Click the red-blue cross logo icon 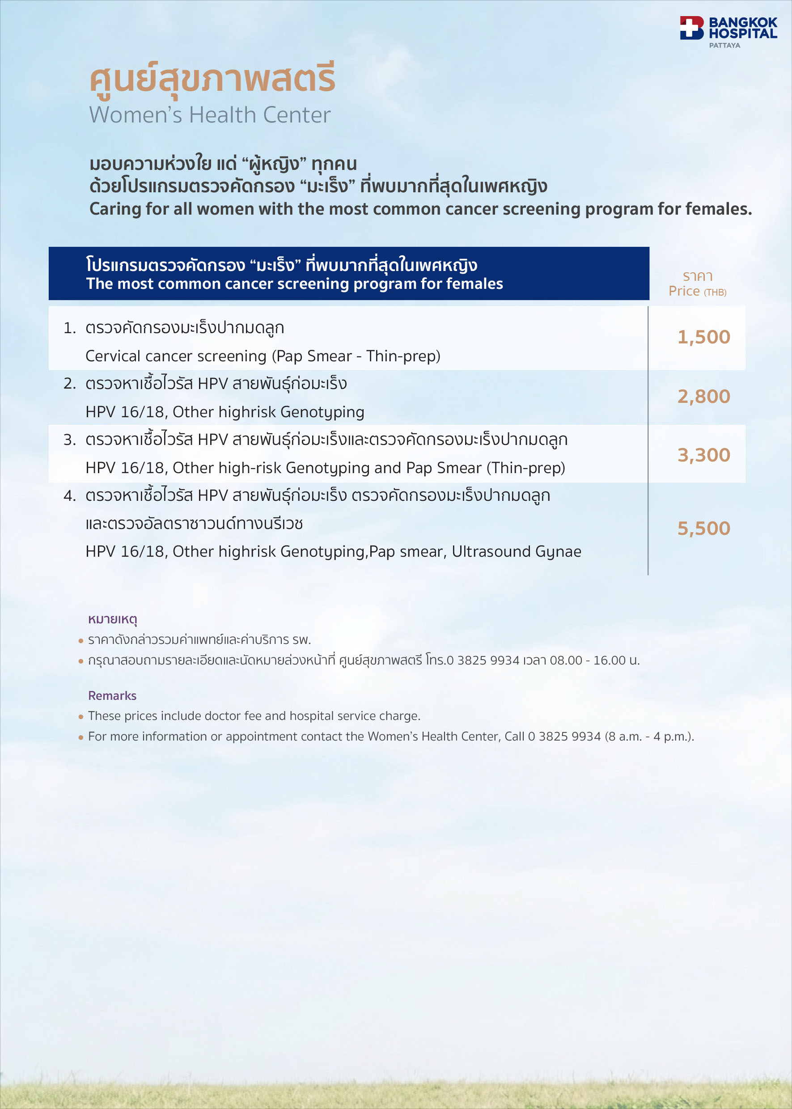tap(691, 28)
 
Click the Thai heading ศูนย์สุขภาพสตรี tap(212, 78)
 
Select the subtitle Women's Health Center tap(210, 115)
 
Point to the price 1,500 tap(703, 337)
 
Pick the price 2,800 tap(703, 397)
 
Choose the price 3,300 tap(703, 455)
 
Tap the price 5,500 tap(703, 528)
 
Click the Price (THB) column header tap(697, 291)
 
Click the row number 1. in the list tap(70, 328)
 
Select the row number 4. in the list tap(70, 496)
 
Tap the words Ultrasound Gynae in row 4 tap(516, 551)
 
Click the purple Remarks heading tap(112, 695)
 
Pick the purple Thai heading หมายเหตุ tap(112, 619)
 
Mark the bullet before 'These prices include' tap(81, 717)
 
